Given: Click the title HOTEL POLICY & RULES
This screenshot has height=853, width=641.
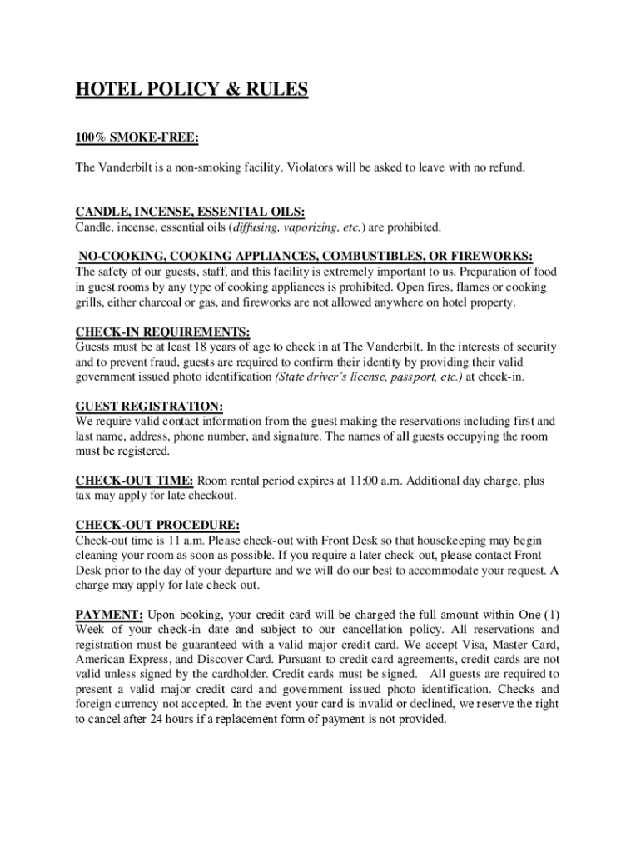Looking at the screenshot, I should (x=191, y=90).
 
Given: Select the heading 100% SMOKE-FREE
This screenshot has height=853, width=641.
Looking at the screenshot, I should (x=137, y=136).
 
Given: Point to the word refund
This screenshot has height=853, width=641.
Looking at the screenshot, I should (x=504, y=167).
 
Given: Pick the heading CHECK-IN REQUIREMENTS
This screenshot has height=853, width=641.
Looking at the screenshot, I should (x=162, y=332).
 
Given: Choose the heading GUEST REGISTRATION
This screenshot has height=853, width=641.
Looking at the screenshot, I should (x=149, y=407).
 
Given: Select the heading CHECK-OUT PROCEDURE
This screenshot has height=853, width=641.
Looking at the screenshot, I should (x=157, y=526).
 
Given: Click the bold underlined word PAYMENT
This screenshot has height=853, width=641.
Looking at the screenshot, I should (x=108, y=616).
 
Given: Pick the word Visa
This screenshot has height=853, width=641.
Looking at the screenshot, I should (x=466, y=645).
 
